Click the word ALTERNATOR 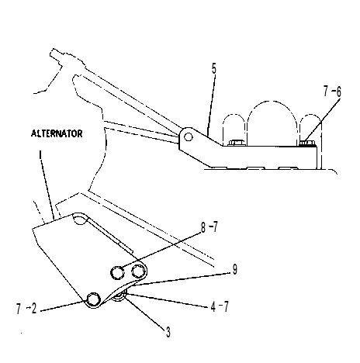click(57, 133)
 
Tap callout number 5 click(213, 69)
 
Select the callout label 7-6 click(332, 92)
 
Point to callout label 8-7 click(209, 227)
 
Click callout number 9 click(234, 269)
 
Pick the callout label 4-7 click(220, 307)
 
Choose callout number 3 click(168, 332)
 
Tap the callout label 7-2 click(26, 309)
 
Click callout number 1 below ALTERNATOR click(40, 155)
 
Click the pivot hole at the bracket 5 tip click(189, 137)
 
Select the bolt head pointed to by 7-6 click(307, 143)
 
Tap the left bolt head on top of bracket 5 click(236, 143)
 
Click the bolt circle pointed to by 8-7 click(117, 272)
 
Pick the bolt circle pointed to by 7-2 click(93, 299)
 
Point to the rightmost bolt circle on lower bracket click(138, 271)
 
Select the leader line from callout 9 click(182, 278)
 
